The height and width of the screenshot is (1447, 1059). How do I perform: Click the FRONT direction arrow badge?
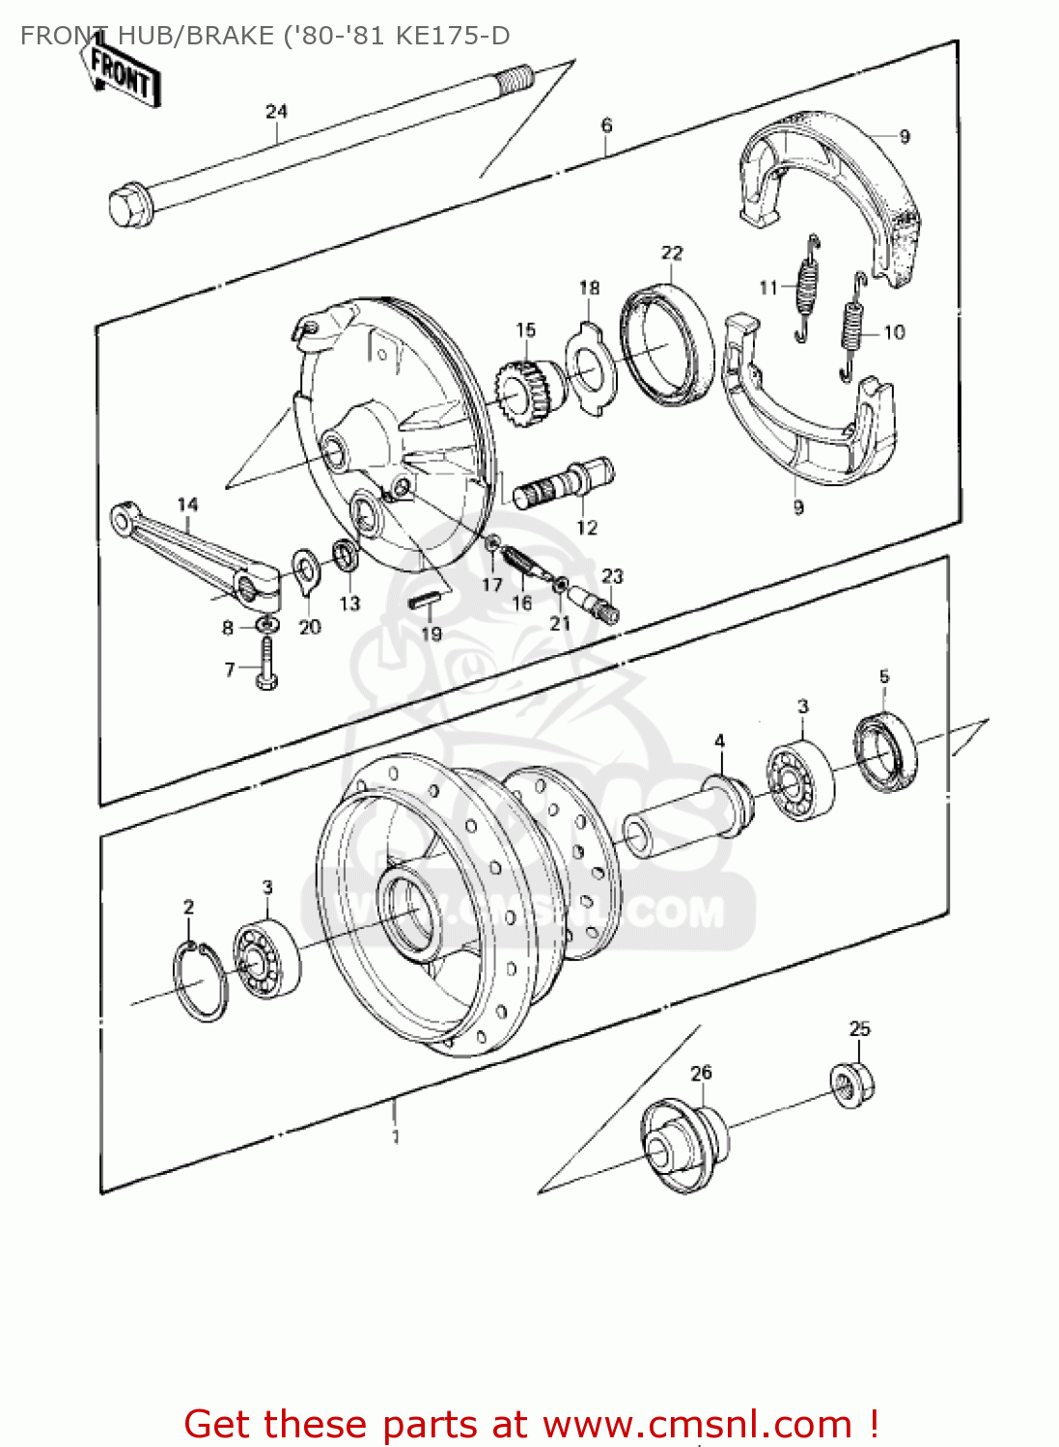[121, 72]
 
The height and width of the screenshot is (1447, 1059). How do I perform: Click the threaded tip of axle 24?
[516, 77]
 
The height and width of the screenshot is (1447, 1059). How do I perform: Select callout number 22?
[672, 253]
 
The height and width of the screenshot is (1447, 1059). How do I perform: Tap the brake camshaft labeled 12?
[563, 482]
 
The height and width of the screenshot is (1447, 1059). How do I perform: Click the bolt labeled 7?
[266, 665]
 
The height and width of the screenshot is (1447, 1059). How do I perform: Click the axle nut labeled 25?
[853, 1084]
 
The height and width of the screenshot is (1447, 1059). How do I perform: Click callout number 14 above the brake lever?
[187, 504]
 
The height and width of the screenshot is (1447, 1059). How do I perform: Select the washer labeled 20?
[307, 569]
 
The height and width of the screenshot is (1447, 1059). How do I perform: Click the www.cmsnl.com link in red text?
[697, 1424]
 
